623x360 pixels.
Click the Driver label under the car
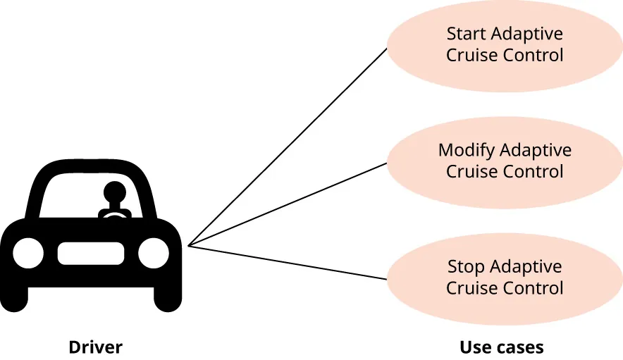click(x=95, y=347)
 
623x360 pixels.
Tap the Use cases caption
click(x=501, y=347)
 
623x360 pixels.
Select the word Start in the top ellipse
click(x=467, y=34)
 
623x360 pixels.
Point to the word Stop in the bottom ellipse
click(x=466, y=267)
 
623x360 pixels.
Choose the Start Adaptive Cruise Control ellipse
click(x=505, y=44)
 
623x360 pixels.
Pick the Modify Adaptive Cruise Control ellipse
click(x=505, y=161)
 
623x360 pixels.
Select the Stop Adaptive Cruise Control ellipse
click(x=505, y=278)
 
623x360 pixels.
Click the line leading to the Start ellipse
click(x=289, y=146)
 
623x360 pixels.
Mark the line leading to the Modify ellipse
click(x=289, y=204)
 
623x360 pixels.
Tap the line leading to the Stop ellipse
click(x=289, y=263)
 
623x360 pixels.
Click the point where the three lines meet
click(x=190, y=246)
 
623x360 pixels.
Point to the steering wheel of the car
click(x=113, y=214)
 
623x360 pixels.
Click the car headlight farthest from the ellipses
click(x=28, y=252)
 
